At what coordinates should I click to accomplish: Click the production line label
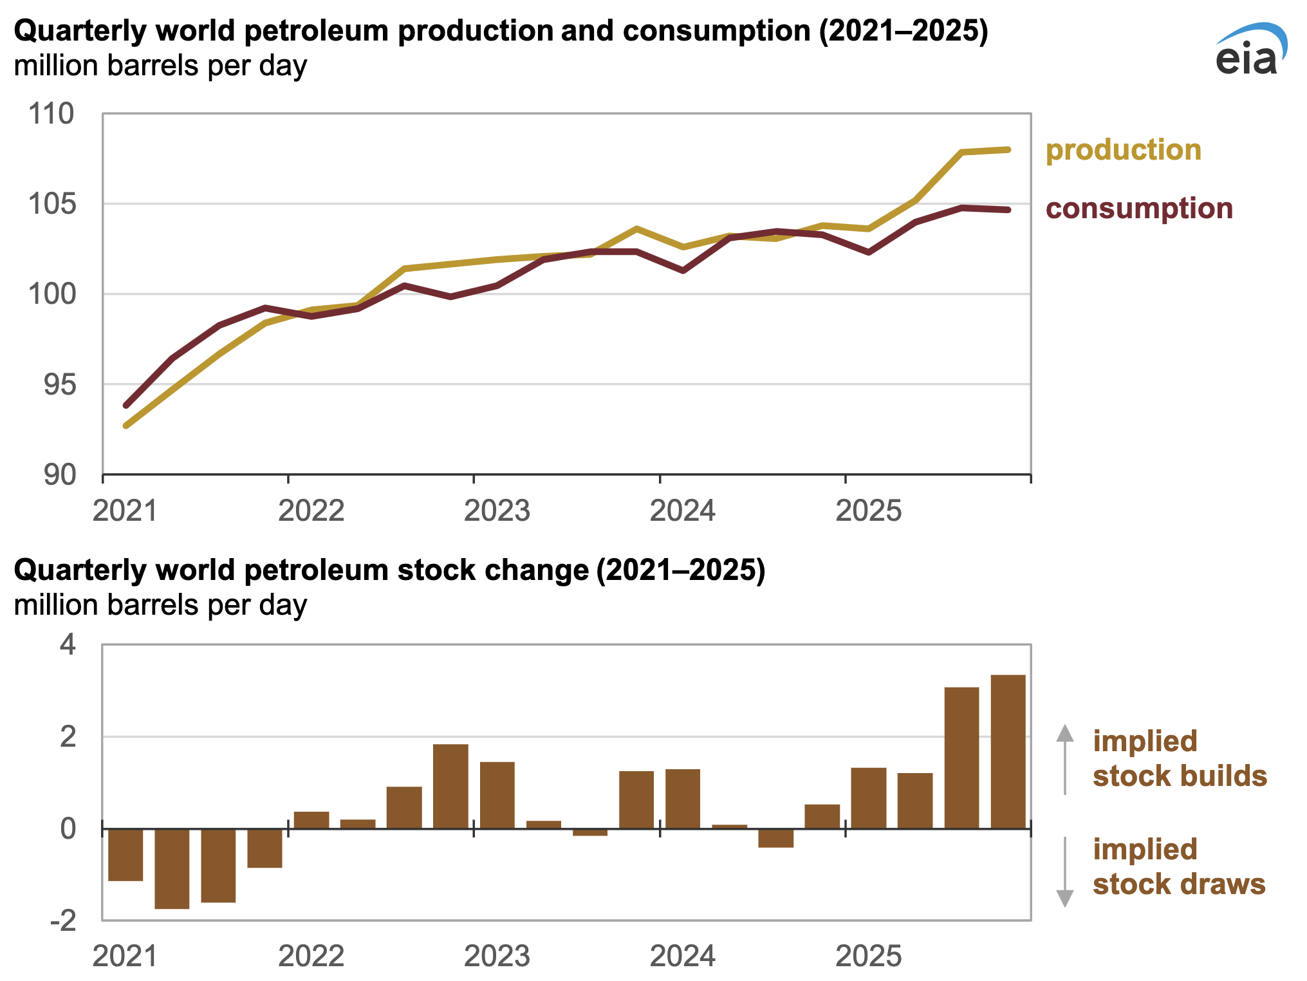click(1123, 150)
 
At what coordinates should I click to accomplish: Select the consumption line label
click(1138, 209)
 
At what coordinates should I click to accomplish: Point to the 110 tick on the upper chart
click(51, 115)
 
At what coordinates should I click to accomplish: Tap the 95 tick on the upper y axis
click(59, 385)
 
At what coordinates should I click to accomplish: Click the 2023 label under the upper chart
click(497, 510)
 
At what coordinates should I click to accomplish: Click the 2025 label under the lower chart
click(868, 956)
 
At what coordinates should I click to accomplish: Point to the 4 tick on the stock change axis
click(68, 644)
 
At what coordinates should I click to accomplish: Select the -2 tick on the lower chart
click(62, 921)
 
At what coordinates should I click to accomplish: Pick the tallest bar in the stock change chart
click(1008, 751)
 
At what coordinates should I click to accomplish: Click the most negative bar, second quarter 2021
click(172, 868)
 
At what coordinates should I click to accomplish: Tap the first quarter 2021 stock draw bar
click(125, 854)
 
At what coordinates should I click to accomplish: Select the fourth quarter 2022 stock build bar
click(450, 786)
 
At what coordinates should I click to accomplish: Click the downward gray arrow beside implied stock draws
click(1065, 872)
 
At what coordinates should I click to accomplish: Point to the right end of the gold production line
click(1008, 150)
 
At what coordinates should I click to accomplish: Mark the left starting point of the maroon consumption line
click(126, 406)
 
